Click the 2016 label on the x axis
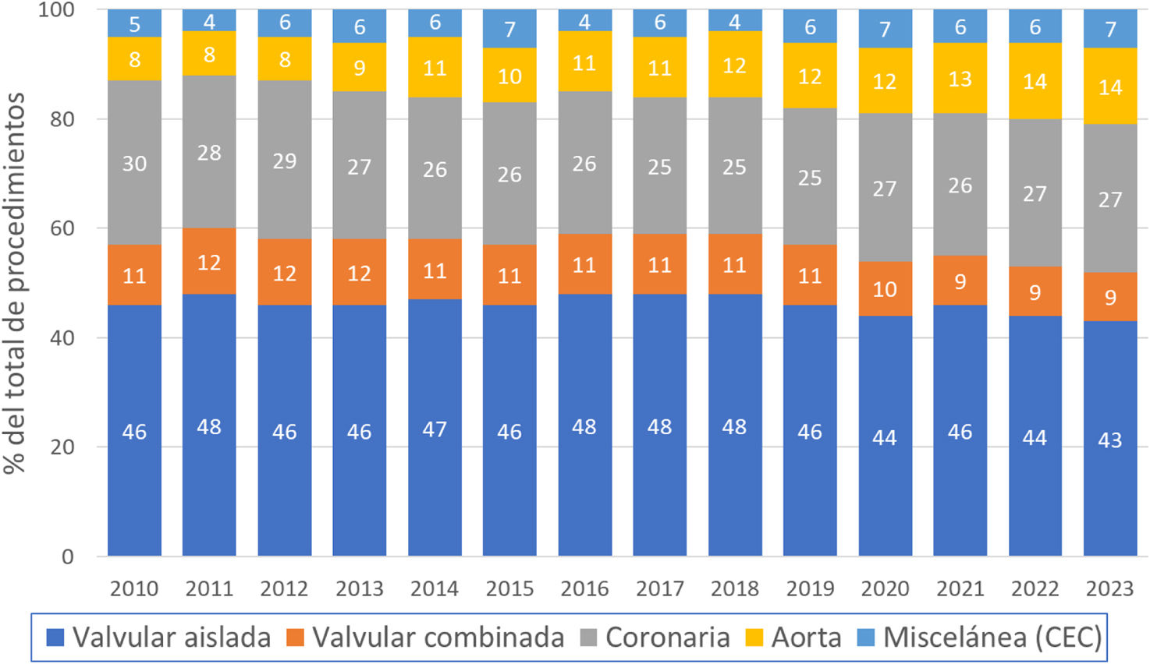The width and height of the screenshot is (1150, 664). [x=584, y=588]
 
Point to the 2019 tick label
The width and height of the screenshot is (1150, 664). [x=810, y=588]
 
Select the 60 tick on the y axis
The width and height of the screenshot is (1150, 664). [x=62, y=228]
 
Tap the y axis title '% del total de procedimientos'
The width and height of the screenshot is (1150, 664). [x=14, y=282]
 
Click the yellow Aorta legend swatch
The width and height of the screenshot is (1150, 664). [x=754, y=638]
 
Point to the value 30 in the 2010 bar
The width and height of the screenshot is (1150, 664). [x=134, y=164]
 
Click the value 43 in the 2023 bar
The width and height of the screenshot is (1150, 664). [x=1110, y=440]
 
